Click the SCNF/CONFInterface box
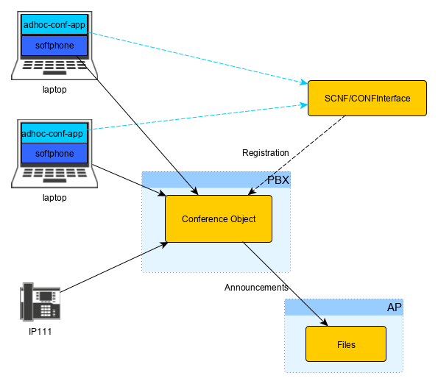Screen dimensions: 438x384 click(367, 99)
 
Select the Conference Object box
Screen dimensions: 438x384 click(219, 218)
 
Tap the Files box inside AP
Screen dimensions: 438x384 click(346, 344)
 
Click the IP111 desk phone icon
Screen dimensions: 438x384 click(40, 302)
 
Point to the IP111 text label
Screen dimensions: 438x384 click(40, 332)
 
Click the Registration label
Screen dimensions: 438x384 click(265, 153)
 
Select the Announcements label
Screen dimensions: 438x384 click(256, 288)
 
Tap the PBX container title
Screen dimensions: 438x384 click(278, 180)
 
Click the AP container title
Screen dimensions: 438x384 click(394, 307)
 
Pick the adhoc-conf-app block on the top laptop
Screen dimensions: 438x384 click(54, 24)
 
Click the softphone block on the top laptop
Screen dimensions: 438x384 click(54, 45)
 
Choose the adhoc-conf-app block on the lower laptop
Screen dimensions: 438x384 click(54, 133)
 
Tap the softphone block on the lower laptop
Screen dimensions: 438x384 click(54, 153)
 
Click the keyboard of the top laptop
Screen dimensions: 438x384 click(54, 67)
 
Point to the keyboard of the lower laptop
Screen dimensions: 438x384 click(54, 175)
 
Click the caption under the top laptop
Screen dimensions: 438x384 click(54, 90)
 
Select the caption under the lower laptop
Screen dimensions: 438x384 click(54, 198)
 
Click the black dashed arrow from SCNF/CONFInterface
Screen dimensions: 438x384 click(297, 155)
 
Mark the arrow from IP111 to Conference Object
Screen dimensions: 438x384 click(114, 267)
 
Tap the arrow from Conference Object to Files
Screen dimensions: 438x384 click(285, 284)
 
